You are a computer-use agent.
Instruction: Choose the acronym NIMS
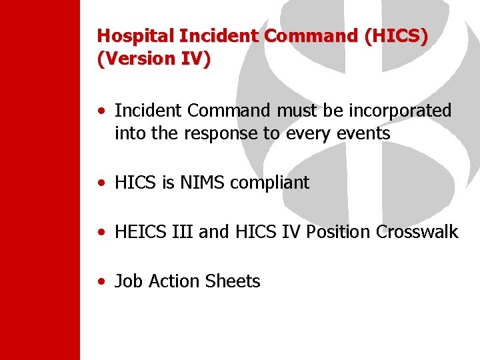tap(201, 183)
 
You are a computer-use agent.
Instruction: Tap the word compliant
tap(269, 183)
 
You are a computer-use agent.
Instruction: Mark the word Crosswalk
tap(417, 232)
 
